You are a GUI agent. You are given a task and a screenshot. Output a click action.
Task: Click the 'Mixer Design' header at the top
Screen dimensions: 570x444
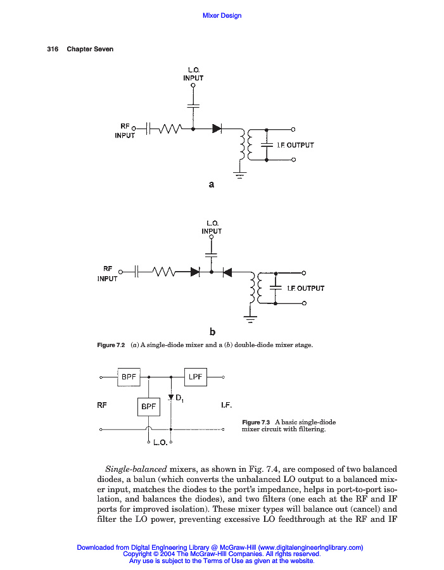click(222, 15)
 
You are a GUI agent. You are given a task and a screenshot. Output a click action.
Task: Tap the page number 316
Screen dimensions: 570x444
click(53, 49)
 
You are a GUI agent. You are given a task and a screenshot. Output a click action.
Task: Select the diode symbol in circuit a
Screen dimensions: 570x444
click(216, 129)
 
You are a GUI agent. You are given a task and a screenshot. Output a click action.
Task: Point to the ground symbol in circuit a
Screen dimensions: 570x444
click(239, 175)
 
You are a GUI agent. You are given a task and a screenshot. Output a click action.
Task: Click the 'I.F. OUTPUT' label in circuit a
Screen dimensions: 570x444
click(295, 145)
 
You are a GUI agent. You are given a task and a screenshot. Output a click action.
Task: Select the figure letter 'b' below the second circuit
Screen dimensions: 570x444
click(212, 331)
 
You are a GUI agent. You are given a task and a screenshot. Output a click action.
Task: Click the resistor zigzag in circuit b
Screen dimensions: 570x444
click(163, 272)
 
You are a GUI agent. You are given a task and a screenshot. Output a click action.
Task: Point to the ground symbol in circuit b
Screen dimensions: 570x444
click(251, 319)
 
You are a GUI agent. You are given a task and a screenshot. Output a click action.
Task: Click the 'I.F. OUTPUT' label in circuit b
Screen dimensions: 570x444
click(305, 288)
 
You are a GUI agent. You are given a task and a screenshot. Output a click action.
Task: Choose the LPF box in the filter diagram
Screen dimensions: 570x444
click(196, 377)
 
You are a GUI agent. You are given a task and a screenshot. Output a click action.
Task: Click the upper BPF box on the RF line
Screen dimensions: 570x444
click(130, 377)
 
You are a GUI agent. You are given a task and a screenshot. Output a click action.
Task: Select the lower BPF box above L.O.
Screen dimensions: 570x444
click(149, 406)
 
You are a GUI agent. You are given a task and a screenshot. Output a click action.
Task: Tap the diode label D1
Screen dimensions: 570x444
click(179, 398)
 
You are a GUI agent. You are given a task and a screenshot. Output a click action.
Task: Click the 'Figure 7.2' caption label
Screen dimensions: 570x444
click(111, 345)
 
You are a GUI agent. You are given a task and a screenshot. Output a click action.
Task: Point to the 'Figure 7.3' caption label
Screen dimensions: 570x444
click(257, 422)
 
